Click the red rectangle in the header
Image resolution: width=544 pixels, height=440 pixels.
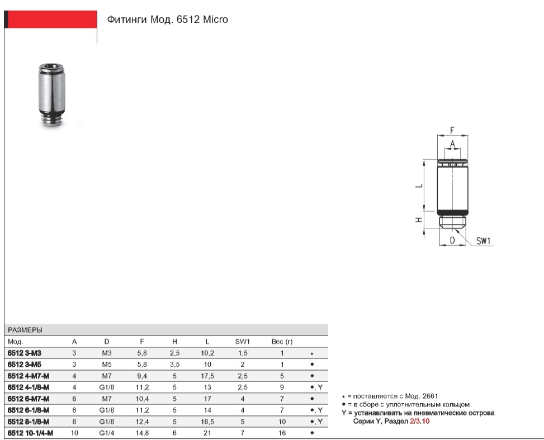[51, 19]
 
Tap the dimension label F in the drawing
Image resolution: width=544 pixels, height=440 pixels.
[452, 130]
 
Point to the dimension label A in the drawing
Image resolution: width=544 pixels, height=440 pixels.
[452, 144]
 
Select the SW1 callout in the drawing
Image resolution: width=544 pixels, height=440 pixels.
[483, 241]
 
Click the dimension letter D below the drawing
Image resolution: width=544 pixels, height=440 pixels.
[452, 240]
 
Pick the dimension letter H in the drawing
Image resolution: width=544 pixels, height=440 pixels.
[419, 219]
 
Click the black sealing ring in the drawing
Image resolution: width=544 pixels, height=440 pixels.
[453, 212]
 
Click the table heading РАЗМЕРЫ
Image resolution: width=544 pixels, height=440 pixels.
[25, 330]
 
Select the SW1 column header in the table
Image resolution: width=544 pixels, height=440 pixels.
[242, 342]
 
